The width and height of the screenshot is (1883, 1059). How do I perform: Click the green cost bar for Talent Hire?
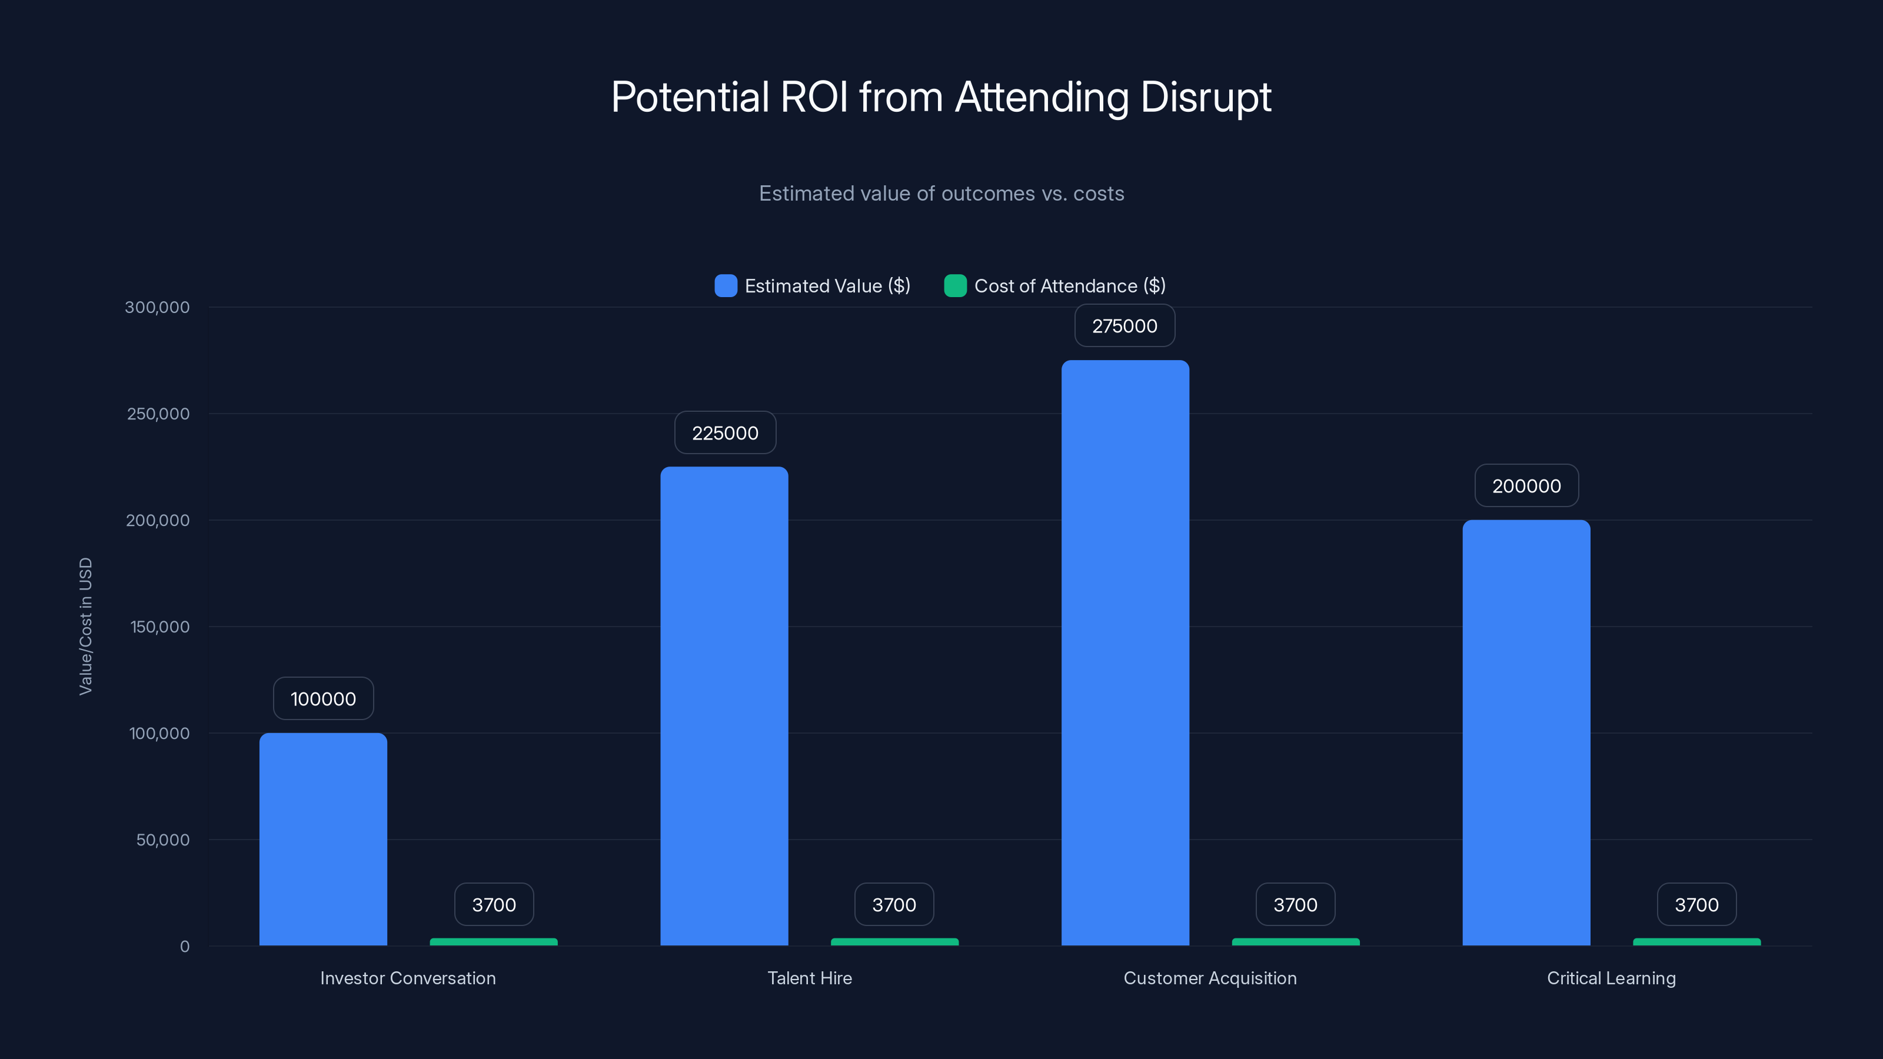click(x=894, y=942)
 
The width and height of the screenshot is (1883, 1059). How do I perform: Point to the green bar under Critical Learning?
click(x=1696, y=942)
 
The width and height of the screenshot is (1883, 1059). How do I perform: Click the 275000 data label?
click(x=1125, y=326)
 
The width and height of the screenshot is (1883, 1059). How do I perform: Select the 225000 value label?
click(x=724, y=432)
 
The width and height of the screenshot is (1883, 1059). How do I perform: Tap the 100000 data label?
click(x=323, y=699)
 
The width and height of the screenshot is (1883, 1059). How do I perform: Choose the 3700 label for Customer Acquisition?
click(x=1295, y=905)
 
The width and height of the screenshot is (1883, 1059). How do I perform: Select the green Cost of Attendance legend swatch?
click(x=954, y=286)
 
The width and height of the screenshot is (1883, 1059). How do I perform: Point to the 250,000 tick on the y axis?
click(x=158, y=414)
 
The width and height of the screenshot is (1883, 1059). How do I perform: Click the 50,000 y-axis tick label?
click(x=162, y=840)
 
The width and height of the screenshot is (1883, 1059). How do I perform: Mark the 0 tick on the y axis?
click(x=184, y=947)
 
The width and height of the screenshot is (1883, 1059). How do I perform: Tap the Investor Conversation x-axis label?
click(x=408, y=978)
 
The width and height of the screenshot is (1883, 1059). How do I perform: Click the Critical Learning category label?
click(x=1611, y=978)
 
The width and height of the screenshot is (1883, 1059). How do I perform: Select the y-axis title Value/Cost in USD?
click(x=85, y=627)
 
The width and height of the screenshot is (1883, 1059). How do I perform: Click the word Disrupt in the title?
click(x=1205, y=97)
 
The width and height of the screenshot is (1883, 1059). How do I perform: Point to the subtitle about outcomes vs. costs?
click(x=941, y=194)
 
